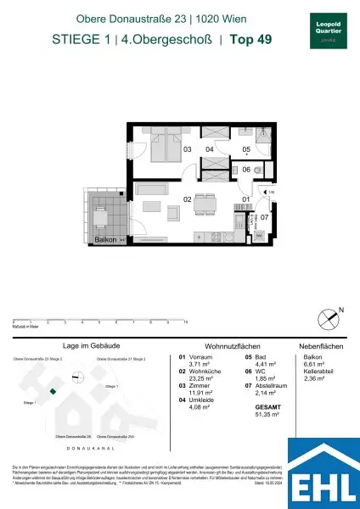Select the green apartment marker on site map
click(x=52, y=391)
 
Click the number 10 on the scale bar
click(x=185, y=322)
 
